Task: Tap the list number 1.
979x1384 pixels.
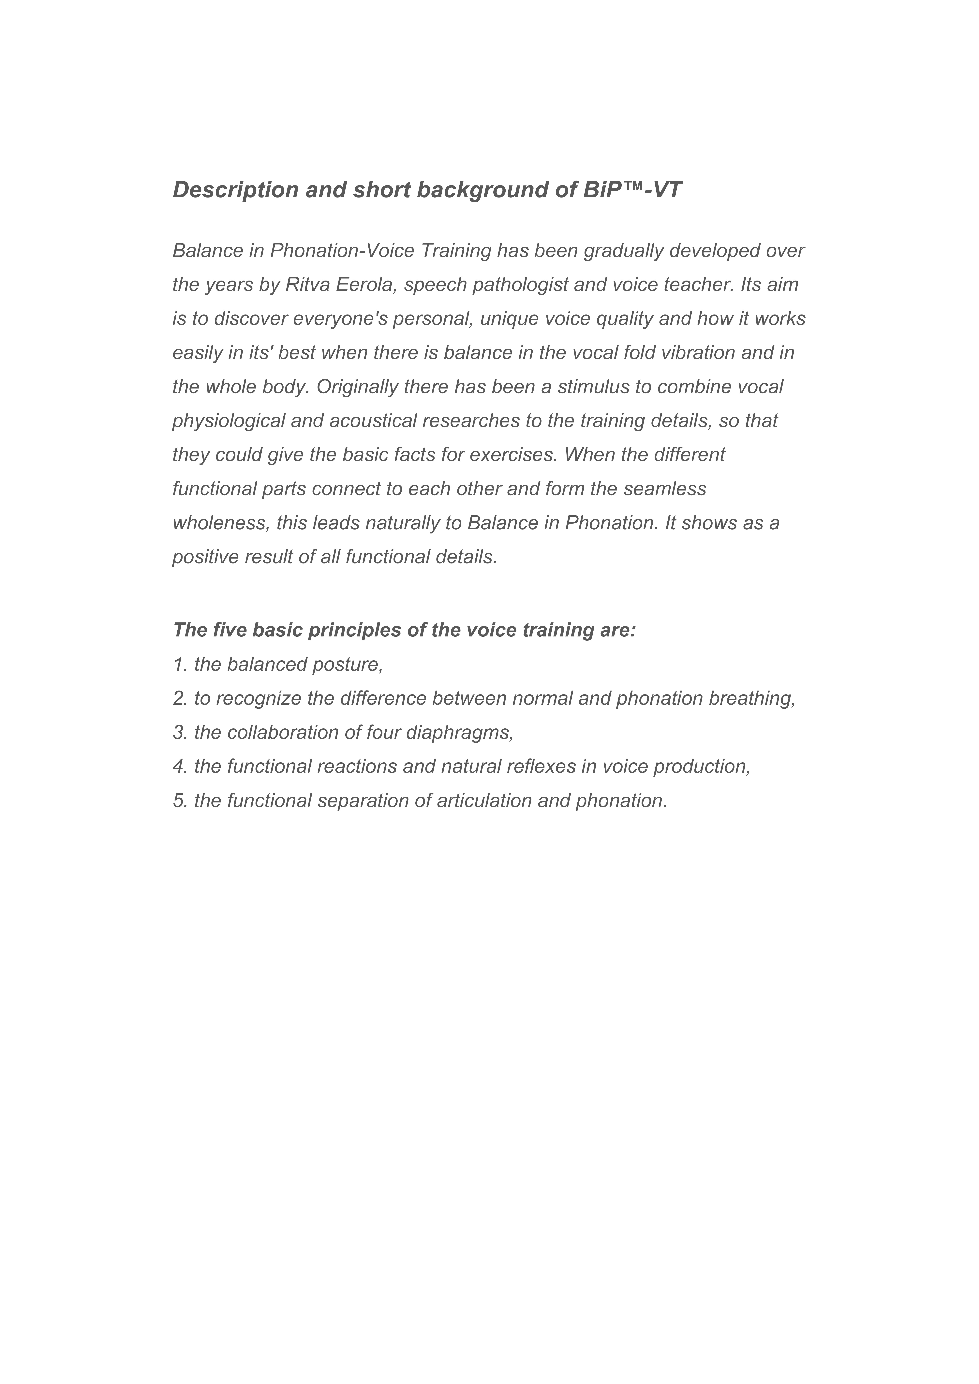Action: tap(179, 664)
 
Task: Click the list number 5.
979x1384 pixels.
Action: tap(179, 800)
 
